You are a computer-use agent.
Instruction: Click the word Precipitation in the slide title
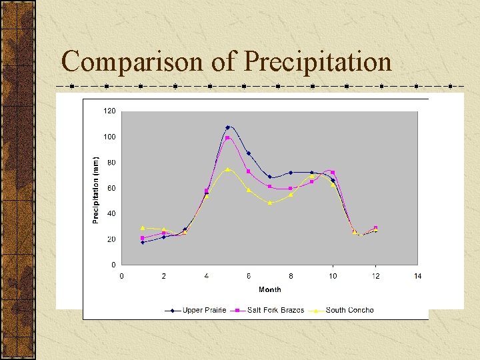[x=317, y=61]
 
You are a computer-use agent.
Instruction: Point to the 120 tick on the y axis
[x=109, y=111]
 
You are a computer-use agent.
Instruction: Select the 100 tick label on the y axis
[x=109, y=137]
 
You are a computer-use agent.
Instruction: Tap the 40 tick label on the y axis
[x=111, y=213]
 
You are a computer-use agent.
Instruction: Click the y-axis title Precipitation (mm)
[x=95, y=189]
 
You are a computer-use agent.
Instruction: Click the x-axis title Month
[x=269, y=289]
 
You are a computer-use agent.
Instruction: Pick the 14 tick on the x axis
[x=417, y=275]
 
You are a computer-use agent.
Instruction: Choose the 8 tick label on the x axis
[x=291, y=275]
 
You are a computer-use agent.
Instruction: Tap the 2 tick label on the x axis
[x=163, y=275]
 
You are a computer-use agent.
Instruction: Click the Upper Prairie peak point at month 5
[x=227, y=127]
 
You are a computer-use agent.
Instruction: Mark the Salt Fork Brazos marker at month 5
[x=227, y=138]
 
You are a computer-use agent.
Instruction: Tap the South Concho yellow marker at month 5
[x=227, y=169]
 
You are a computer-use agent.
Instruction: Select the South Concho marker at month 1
[x=143, y=228]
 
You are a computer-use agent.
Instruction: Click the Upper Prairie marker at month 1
[x=143, y=242]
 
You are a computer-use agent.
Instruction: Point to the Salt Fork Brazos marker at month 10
[x=333, y=173]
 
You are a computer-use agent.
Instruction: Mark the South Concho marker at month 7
[x=269, y=203]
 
